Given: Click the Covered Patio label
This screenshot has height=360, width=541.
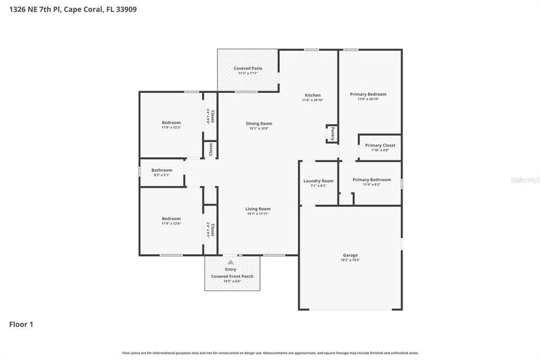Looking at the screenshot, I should pos(248,68).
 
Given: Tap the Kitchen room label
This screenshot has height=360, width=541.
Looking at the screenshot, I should pos(312,95).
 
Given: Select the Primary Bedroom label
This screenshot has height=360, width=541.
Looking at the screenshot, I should pos(368,94).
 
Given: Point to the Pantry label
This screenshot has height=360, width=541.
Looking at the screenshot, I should pos(333,133).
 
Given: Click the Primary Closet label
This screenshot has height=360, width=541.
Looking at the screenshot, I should pos(380,145).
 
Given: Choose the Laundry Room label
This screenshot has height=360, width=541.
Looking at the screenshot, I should pos(318,181).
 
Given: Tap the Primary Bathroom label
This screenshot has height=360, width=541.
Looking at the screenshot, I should pos(371,179).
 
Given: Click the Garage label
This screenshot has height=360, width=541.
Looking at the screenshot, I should pos(350,255).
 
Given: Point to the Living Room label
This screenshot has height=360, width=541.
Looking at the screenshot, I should pos(258,209).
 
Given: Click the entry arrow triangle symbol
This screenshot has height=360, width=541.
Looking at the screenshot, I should pos(231,262).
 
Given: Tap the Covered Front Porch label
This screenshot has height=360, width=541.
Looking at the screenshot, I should pos(232,277).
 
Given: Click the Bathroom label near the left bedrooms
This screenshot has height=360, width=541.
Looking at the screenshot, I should pos(162,170).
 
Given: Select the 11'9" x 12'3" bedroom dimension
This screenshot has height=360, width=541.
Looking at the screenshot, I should pos(171,128).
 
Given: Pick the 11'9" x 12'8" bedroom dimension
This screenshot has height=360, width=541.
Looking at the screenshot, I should pos(171,224).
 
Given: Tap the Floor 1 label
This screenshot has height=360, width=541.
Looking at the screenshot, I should pos(21,324).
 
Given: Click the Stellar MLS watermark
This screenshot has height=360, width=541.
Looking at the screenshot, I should pos(524,179).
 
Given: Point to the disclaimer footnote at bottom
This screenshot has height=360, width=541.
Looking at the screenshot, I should pos(270,353).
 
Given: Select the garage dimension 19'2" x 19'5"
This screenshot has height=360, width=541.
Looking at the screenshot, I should pos(350,260).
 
